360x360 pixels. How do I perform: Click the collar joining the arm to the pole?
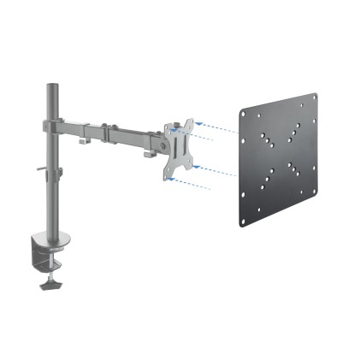54,126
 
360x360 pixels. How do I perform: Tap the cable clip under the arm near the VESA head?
150,157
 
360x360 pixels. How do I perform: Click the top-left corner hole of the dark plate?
247,114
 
